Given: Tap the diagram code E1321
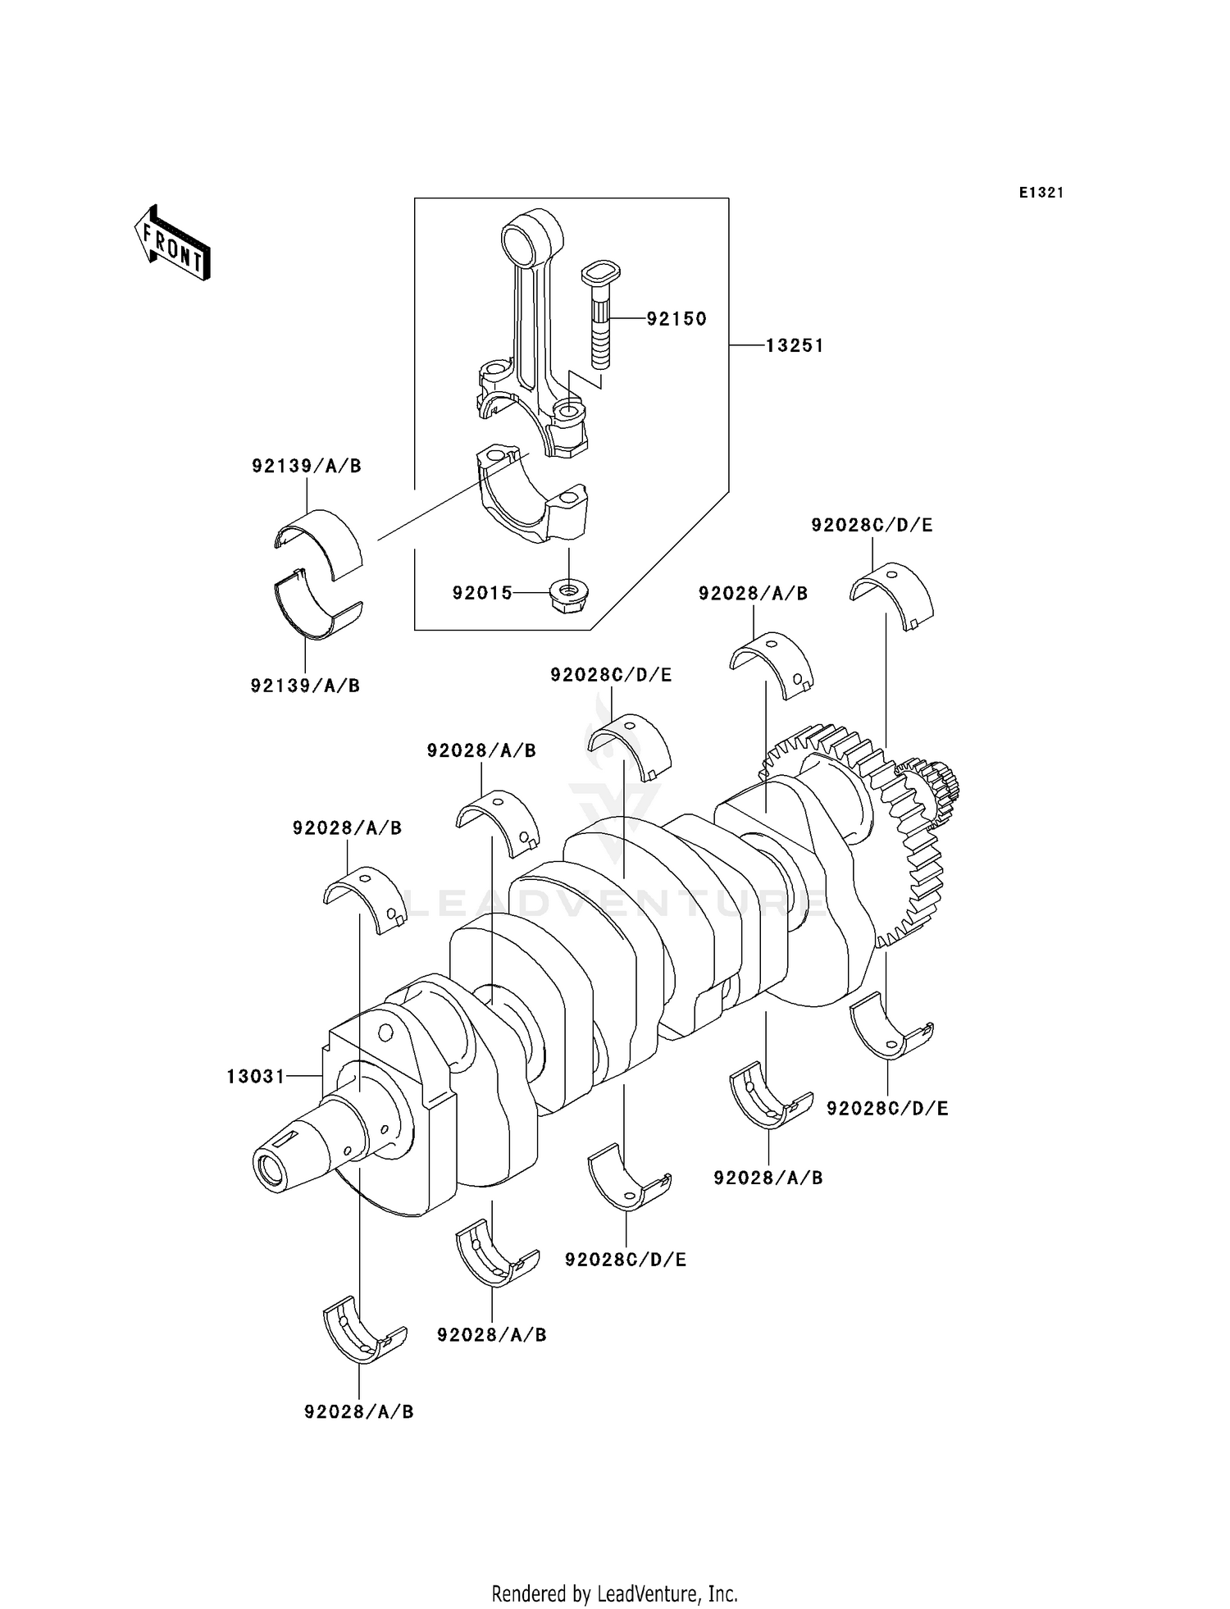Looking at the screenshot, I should click(1041, 193).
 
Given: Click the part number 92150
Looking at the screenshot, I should click(676, 319).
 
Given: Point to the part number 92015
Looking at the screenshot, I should click(482, 592).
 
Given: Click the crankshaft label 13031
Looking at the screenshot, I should click(256, 1076).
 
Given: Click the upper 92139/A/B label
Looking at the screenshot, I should click(306, 466).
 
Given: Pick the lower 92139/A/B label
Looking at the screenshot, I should click(305, 686).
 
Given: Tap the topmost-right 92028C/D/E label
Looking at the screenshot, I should click(872, 525).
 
